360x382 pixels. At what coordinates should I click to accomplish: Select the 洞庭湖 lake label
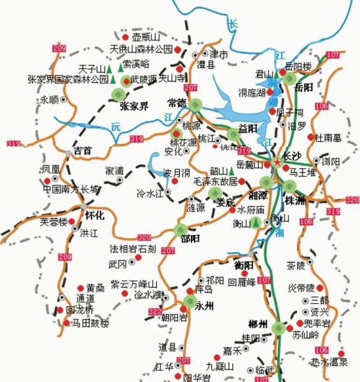click(x=252, y=93)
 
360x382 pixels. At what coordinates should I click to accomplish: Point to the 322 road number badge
click(x=155, y=311)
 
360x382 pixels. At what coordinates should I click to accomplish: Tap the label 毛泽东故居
click(x=214, y=181)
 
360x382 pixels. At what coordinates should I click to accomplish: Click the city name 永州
click(x=205, y=305)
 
